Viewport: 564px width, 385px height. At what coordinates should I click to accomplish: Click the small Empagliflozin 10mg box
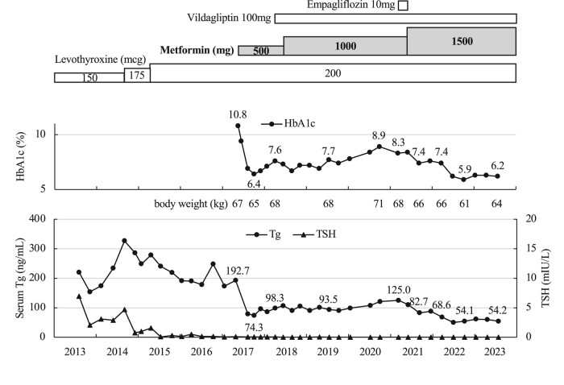(x=404, y=6)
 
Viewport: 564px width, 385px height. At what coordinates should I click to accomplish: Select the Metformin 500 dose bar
(x=261, y=50)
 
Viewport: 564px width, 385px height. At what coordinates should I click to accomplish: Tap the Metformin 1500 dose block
(x=462, y=41)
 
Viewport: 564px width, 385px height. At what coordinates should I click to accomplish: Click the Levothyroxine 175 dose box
(x=137, y=75)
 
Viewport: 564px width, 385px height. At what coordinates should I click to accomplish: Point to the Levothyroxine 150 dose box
(x=89, y=77)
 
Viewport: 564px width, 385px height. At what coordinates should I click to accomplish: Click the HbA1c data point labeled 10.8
(x=238, y=126)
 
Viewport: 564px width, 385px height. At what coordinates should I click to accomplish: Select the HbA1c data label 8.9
(x=379, y=135)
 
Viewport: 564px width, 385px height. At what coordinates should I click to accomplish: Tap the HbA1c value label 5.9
(x=465, y=169)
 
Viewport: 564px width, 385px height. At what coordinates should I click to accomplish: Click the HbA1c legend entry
(x=288, y=124)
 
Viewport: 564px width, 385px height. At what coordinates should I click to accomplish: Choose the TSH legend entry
(x=314, y=234)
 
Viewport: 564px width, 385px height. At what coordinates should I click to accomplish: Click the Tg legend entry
(x=263, y=234)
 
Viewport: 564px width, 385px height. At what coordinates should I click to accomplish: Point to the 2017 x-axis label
(x=243, y=351)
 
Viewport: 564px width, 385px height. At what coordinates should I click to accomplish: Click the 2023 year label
(x=496, y=351)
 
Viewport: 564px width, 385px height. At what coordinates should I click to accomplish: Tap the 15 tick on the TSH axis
(x=531, y=248)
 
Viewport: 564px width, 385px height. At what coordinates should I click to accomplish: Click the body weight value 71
(x=379, y=204)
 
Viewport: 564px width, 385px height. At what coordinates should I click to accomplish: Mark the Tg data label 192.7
(x=238, y=271)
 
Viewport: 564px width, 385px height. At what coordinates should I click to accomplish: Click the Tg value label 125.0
(x=399, y=290)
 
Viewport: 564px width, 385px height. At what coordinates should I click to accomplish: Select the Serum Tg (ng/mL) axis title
(x=20, y=278)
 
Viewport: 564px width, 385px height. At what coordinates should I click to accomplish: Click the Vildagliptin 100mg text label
(x=229, y=18)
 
